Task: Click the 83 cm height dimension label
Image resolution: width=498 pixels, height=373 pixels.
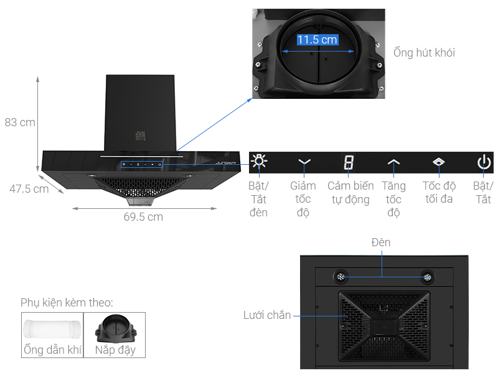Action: tap(20, 122)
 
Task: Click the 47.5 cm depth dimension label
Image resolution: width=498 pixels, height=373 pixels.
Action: tap(29, 189)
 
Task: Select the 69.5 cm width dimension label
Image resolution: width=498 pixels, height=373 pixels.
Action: tap(143, 217)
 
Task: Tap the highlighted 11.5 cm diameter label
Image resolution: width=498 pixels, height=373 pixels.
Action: tap(317, 40)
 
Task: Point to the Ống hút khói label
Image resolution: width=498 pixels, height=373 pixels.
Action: tap(424, 53)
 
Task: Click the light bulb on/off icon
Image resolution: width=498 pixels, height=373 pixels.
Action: tap(259, 163)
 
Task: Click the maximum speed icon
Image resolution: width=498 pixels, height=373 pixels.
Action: tap(439, 163)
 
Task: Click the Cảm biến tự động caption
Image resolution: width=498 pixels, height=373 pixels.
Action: tap(350, 193)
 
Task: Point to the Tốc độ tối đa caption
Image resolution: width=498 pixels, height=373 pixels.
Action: tap(439, 193)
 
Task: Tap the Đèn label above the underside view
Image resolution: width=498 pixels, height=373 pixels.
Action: tap(380, 242)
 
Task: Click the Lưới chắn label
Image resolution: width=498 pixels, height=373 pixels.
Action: tap(267, 316)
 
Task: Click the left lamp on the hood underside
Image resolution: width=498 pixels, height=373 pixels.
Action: tap(342, 277)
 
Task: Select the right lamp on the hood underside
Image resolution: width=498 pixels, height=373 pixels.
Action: tap(427, 277)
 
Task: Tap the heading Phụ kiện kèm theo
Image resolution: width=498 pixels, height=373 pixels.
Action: tap(67, 303)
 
